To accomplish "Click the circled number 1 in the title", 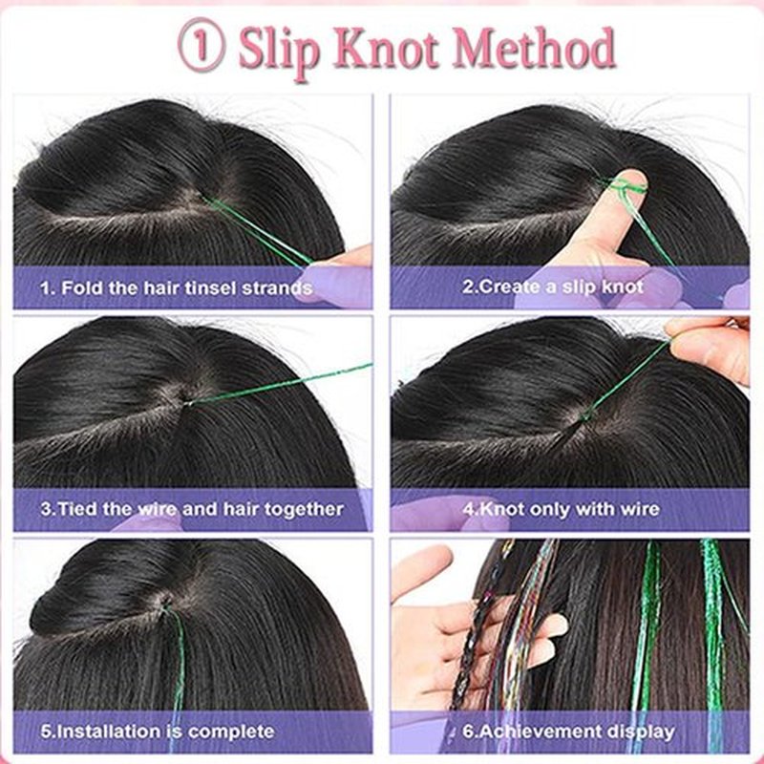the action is click(202, 45).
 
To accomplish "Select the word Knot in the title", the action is click(387, 47).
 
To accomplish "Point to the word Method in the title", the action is click(534, 47).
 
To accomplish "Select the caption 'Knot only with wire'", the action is click(561, 509).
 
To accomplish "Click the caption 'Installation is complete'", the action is click(158, 732).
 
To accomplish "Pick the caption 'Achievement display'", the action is click(568, 732).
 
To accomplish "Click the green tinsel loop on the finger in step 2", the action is click(627, 187).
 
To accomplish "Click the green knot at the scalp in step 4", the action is click(586, 415).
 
